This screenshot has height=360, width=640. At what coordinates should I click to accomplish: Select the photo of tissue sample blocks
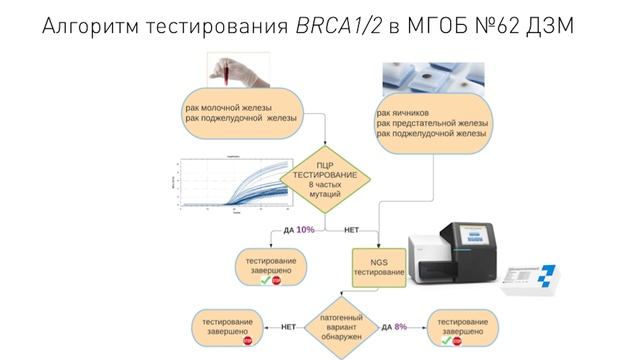point(433,77)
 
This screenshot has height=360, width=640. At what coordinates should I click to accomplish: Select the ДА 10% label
point(299,230)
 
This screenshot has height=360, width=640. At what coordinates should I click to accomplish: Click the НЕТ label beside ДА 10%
point(352,230)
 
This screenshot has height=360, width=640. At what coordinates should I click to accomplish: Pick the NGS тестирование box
point(380,266)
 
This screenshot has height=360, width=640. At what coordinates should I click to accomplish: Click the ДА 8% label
point(394,327)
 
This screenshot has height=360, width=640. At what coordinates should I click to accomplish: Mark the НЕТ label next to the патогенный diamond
point(287,327)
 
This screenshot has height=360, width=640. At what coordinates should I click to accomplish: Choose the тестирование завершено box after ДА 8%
point(462,327)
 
